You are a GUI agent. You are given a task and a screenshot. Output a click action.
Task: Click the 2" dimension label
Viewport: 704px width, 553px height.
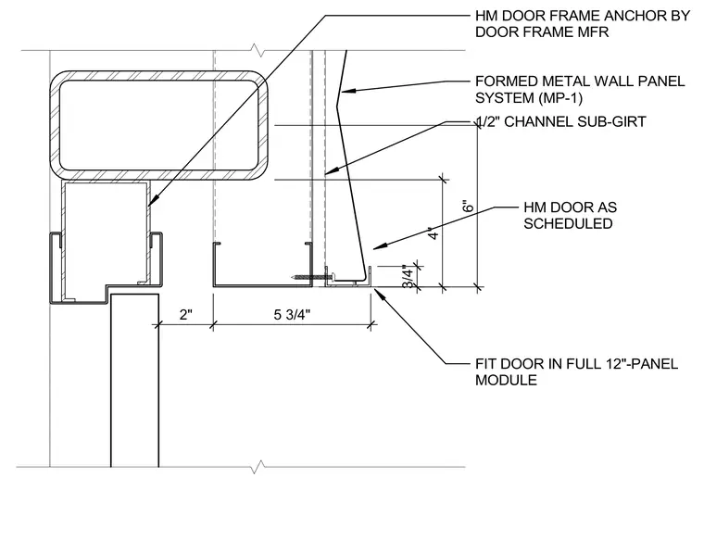tap(186, 315)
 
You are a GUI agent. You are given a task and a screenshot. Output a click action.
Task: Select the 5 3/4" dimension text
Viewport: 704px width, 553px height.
tap(292, 315)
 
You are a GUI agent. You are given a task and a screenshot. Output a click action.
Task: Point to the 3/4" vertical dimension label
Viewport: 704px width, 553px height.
tap(408, 276)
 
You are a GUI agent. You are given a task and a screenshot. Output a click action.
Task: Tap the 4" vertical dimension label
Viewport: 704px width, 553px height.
tap(434, 233)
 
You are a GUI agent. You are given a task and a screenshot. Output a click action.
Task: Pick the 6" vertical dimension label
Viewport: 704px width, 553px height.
tap(469, 206)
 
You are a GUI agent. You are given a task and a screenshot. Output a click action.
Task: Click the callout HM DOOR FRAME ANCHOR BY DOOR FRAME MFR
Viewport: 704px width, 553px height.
tap(583, 24)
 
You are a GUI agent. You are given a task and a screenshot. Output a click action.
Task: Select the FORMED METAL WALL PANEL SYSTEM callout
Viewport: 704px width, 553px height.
tap(580, 89)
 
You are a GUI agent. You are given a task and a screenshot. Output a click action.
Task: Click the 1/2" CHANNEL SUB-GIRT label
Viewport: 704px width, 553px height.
tap(560, 121)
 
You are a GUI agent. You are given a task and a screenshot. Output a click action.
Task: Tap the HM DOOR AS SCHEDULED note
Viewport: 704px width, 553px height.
tap(571, 216)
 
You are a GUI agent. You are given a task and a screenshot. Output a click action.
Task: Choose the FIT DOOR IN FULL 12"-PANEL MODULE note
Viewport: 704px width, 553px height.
tap(576, 371)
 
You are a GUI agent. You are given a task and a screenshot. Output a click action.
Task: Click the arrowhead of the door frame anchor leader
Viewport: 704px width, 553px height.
tap(150, 201)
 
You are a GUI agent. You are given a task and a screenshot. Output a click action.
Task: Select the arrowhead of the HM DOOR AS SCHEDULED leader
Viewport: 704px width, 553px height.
tap(378, 246)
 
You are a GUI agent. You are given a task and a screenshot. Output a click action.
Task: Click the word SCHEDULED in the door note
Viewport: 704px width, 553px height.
tap(568, 223)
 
